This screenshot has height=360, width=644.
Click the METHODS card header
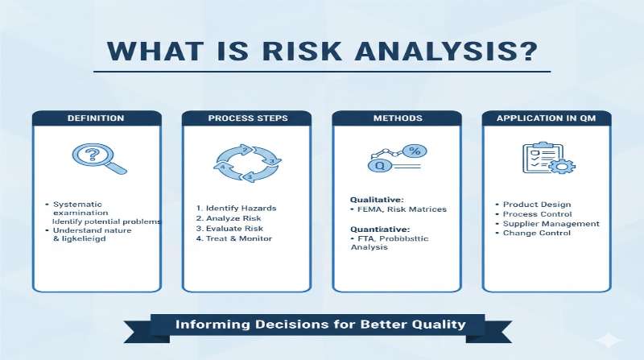[396, 118]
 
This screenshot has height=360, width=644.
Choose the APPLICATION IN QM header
[547, 118]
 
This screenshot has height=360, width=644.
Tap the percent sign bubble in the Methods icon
[415, 151]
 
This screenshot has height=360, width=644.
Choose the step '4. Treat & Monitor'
[239, 239]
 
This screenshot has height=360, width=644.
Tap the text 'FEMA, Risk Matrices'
[402, 209]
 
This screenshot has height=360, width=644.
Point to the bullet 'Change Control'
[537, 234]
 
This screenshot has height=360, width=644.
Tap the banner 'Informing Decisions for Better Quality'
[320, 325]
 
